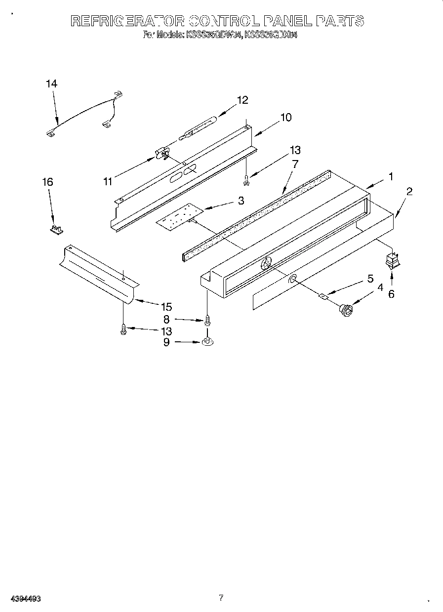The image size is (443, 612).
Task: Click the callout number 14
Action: tap(51, 84)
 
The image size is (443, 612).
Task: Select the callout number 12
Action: tap(242, 100)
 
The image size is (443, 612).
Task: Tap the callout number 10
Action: tap(286, 118)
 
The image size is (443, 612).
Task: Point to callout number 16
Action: tap(47, 182)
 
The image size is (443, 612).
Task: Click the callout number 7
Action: tap(295, 164)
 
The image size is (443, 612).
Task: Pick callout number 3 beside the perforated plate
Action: tap(241, 201)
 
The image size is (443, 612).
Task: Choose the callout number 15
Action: tap(166, 307)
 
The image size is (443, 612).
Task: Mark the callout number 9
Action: tap(166, 342)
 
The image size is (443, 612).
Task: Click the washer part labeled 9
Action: tap(207, 341)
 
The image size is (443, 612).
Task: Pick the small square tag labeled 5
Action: tap(323, 296)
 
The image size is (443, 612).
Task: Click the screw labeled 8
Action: tap(207, 320)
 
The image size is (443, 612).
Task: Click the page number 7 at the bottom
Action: tap(221, 598)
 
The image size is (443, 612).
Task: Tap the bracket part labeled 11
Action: tap(162, 155)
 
